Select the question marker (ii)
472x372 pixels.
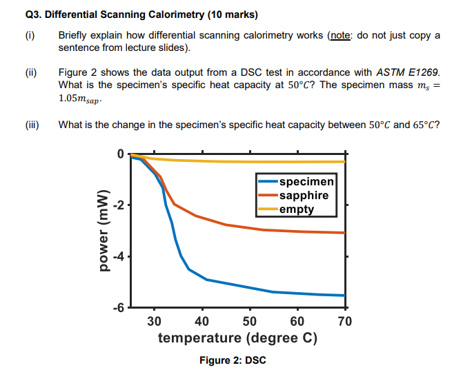pyautogui.click(x=30, y=72)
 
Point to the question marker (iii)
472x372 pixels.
pyautogui.click(x=32, y=125)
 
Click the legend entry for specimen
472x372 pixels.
pyautogui.click(x=306, y=182)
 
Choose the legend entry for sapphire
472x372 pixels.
pyautogui.click(x=304, y=195)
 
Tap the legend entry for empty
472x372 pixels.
pyautogui.click(x=297, y=209)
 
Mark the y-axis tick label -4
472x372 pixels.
pyautogui.click(x=119, y=257)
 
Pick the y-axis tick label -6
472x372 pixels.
pyautogui.click(x=119, y=308)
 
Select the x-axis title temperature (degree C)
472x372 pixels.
pyautogui.click(x=237, y=338)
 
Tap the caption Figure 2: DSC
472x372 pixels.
pyautogui.click(x=233, y=360)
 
